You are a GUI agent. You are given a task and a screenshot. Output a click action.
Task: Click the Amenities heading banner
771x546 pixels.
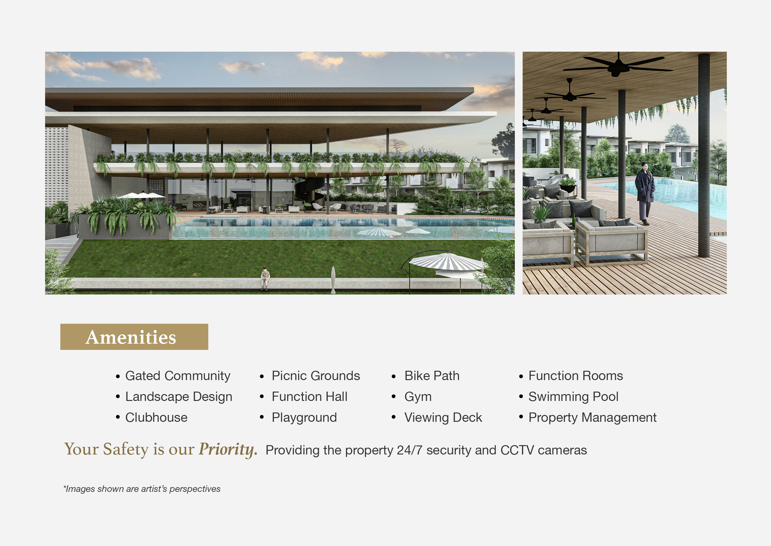pos(134,337)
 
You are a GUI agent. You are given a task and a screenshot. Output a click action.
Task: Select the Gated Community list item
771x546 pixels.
pos(178,376)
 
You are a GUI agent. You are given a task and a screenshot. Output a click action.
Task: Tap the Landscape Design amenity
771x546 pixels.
pos(179,397)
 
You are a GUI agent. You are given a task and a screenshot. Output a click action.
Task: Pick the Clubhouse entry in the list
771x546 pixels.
pos(156,417)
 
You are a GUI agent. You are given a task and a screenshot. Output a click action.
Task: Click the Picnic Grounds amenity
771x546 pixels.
pos(316,376)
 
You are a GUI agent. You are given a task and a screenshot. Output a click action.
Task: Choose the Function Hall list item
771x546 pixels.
pos(309,397)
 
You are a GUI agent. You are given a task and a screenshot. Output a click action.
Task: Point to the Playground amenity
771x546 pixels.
pos(304,417)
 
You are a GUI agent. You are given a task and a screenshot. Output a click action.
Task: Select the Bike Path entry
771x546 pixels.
pos(432,376)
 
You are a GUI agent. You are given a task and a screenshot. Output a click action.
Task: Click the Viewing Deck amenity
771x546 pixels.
pos(443,417)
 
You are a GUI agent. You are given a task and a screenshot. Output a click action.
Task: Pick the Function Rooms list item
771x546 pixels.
pos(575,376)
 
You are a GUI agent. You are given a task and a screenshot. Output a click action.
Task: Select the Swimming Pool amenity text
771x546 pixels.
pos(573,397)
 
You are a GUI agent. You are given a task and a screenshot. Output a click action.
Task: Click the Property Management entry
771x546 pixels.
pos(592,417)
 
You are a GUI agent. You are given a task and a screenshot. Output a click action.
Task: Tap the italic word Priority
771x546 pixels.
pos(228,450)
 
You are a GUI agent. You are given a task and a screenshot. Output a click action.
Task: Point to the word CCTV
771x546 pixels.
pos(517,450)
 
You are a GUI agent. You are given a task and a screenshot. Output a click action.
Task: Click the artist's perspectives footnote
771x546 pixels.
pos(142,489)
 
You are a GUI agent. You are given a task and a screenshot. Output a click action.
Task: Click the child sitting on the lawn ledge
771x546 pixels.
pos(265,278)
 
